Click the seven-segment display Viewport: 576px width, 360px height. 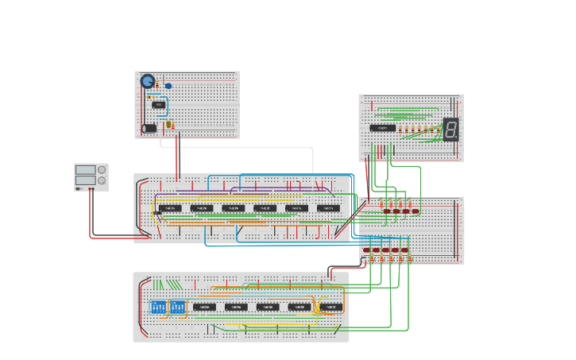(x=450, y=130)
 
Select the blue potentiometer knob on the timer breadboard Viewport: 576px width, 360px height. (x=148, y=81)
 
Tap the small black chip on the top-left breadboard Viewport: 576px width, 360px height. (x=159, y=104)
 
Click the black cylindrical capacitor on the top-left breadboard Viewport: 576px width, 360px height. (x=149, y=128)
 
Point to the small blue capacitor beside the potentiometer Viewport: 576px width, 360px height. (x=168, y=86)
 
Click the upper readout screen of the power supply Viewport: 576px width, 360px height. (x=85, y=169)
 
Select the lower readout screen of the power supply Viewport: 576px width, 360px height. (x=85, y=180)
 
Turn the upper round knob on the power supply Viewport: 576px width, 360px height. (x=102, y=169)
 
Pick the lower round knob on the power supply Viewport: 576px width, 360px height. (x=102, y=180)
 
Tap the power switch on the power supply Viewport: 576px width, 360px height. (x=79, y=188)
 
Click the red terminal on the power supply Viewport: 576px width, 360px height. (x=89, y=188)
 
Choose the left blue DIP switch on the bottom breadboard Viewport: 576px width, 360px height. (x=158, y=307)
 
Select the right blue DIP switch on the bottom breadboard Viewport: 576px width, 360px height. (x=177, y=307)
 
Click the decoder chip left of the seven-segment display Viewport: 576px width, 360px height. (x=383, y=128)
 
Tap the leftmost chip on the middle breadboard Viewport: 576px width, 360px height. (x=170, y=208)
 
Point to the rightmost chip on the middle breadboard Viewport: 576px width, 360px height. (x=328, y=208)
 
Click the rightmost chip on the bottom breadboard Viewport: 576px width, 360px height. (x=331, y=307)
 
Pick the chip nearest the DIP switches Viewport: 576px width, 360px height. (x=204, y=307)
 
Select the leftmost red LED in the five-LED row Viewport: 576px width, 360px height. (x=367, y=250)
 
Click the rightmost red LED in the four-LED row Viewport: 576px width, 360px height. (x=415, y=211)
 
